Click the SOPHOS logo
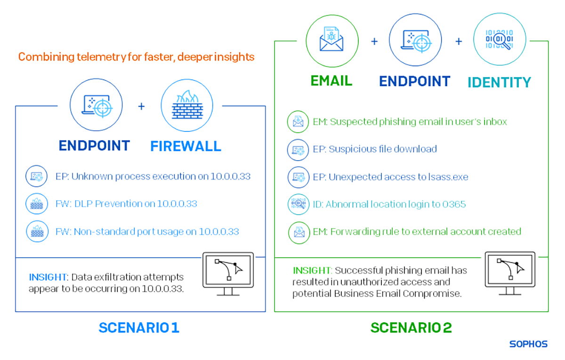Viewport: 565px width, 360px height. click(528, 344)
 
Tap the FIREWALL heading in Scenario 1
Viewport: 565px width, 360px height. click(186, 146)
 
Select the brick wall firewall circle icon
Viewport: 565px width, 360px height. click(187, 106)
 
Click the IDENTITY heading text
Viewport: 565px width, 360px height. click(499, 82)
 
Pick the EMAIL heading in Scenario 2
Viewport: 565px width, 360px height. click(331, 81)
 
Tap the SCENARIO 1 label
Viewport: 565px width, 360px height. click(139, 327)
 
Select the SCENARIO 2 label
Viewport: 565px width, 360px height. click(411, 327)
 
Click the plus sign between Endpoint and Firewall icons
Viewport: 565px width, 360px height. click(141, 106)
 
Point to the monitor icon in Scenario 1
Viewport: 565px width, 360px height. click(228, 273)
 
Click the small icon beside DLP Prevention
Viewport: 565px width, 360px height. click(36, 204)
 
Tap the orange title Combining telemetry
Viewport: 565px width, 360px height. click(137, 57)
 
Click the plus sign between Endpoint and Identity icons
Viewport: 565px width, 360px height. click(458, 41)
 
